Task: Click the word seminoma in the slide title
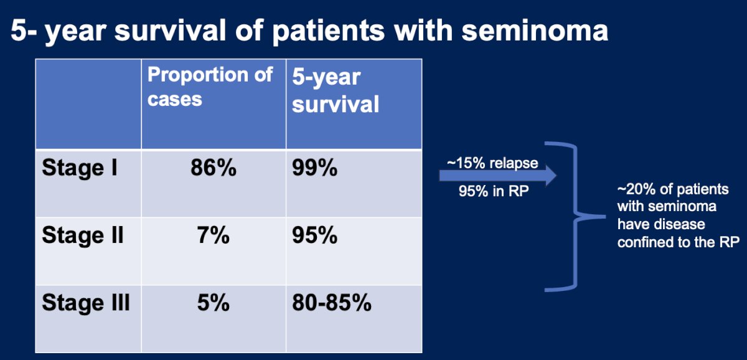[x=535, y=31]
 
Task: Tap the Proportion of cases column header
[x=210, y=87]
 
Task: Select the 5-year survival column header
[x=336, y=90]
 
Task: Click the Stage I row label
[x=80, y=167]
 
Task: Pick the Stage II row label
[x=83, y=235]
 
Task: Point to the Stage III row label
[x=86, y=303]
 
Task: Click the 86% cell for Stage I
[x=214, y=167]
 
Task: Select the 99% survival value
[x=315, y=167]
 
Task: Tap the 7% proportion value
[x=214, y=235]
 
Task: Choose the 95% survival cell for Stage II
[x=315, y=235]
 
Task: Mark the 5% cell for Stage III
[x=214, y=303]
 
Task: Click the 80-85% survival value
[x=332, y=303]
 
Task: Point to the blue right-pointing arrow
[x=498, y=176]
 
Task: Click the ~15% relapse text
[x=492, y=163]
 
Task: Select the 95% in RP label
[x=494, y=191]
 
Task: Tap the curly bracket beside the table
[x=575, y=217]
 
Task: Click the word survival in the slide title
[x=171, y=31]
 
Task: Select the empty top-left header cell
[x=88, y=104]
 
